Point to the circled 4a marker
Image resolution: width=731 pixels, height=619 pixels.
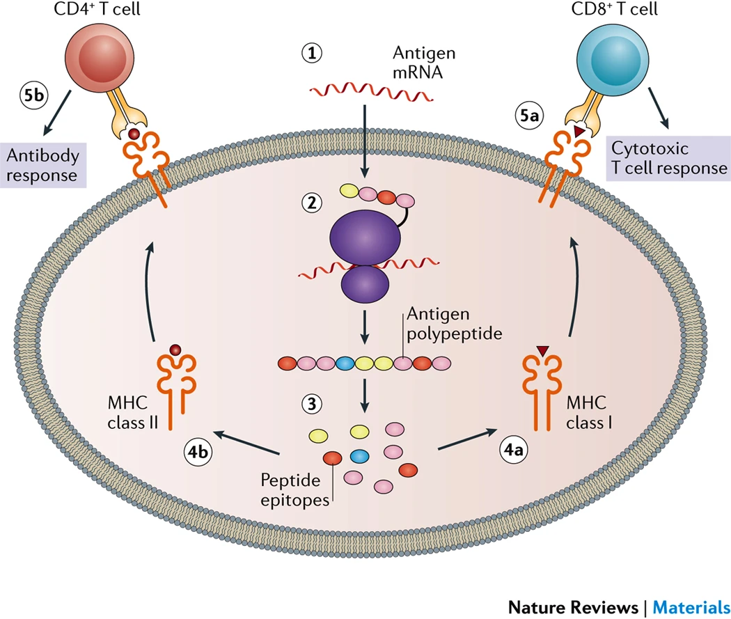click(514, 450)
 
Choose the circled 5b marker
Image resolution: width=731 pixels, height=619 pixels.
click(32, 95)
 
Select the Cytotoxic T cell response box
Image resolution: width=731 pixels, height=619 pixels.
click(666, 159)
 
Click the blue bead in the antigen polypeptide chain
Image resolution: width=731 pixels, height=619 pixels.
click(345, 363)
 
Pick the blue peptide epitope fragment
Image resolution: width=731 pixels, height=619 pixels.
click(359, 457)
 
